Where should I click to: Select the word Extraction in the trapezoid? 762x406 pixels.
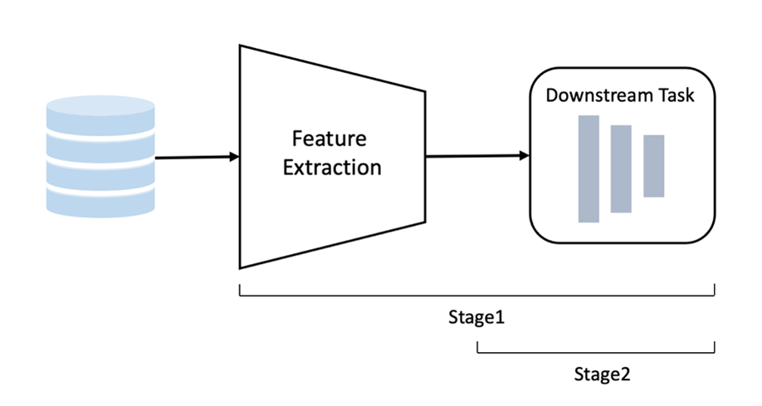coord(332,167)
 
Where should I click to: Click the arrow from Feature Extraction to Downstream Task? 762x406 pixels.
coord(473,155)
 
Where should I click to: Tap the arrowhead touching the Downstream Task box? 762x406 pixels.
coord(524,155)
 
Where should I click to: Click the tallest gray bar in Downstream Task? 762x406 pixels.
coord(589,169)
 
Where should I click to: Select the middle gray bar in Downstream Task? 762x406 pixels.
coord(621,169)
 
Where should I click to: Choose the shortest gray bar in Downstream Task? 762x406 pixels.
coord(654,166)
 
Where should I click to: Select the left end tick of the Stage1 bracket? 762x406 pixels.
coord(240,290)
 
